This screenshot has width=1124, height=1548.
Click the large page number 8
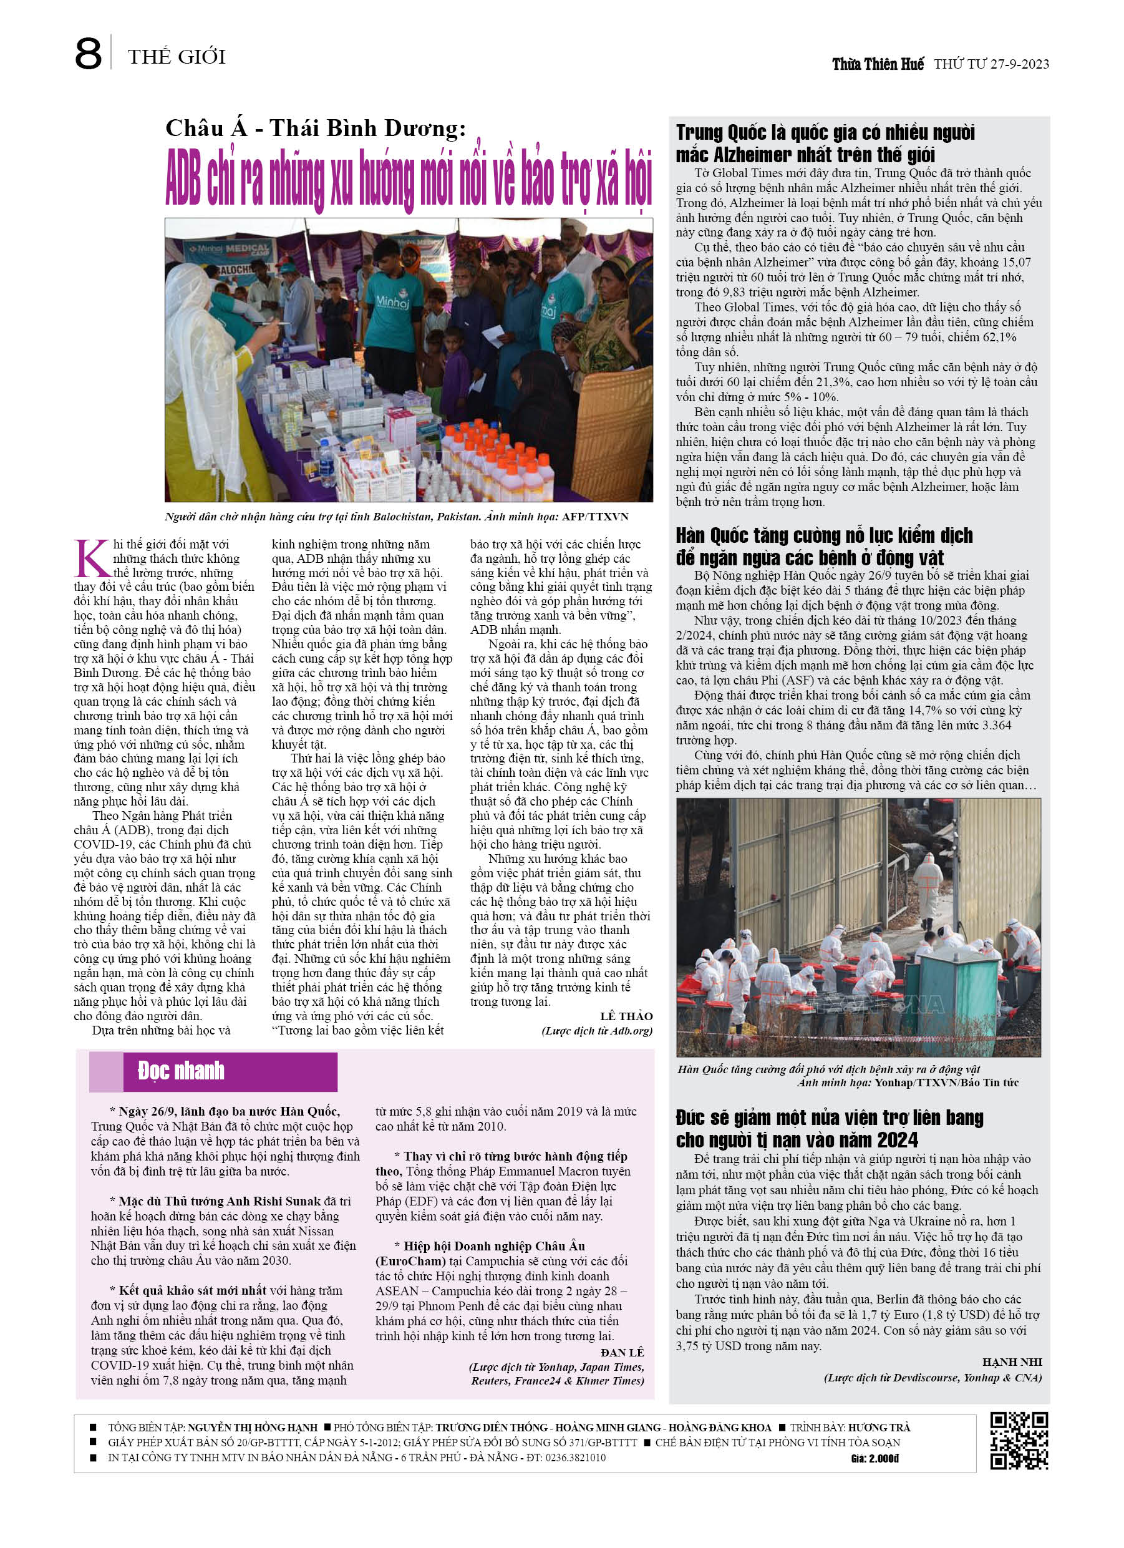tap(89, 54)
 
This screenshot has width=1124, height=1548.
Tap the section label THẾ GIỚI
tap(176, 57)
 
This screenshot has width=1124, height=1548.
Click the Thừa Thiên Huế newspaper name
tap(878, 65)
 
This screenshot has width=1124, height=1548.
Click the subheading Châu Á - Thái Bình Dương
tap(315, 128)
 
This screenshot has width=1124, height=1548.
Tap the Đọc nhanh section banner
tap(213, 1070)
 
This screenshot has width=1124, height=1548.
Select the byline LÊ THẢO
tap(626, 1016)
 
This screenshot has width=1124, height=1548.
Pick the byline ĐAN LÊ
tap(622, 1352)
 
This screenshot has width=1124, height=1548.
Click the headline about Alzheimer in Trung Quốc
tap(825, 144)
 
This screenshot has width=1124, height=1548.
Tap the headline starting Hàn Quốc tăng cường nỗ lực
tap(824, 546)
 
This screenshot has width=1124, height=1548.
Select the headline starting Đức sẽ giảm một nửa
tap(829, 1128)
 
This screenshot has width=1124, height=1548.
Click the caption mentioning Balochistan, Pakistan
tap(396, 517)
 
